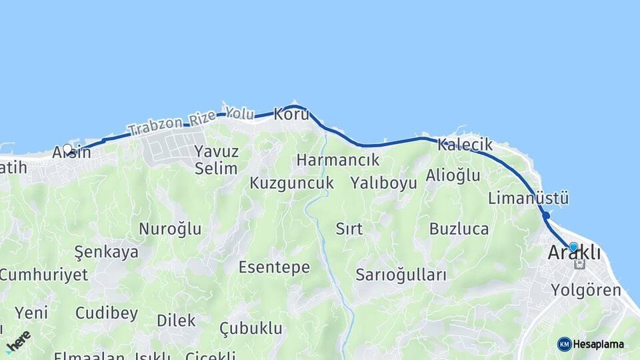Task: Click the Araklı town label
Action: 573,253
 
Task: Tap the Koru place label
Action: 292,115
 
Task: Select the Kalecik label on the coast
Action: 465,145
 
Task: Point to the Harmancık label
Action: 338,160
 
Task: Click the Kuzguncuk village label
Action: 291,183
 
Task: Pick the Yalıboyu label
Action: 384,183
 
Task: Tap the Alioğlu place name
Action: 453,176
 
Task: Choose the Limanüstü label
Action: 528,198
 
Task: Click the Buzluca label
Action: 459,229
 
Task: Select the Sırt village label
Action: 349,229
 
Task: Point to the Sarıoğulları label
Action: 401,275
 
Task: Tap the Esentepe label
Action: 274,267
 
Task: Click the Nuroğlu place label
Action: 170,229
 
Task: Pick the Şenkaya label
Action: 107,252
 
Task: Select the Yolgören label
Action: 586,290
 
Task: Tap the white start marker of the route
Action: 67,149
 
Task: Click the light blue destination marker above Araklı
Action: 573,247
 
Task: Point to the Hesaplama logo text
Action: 598,344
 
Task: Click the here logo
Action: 18,341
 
